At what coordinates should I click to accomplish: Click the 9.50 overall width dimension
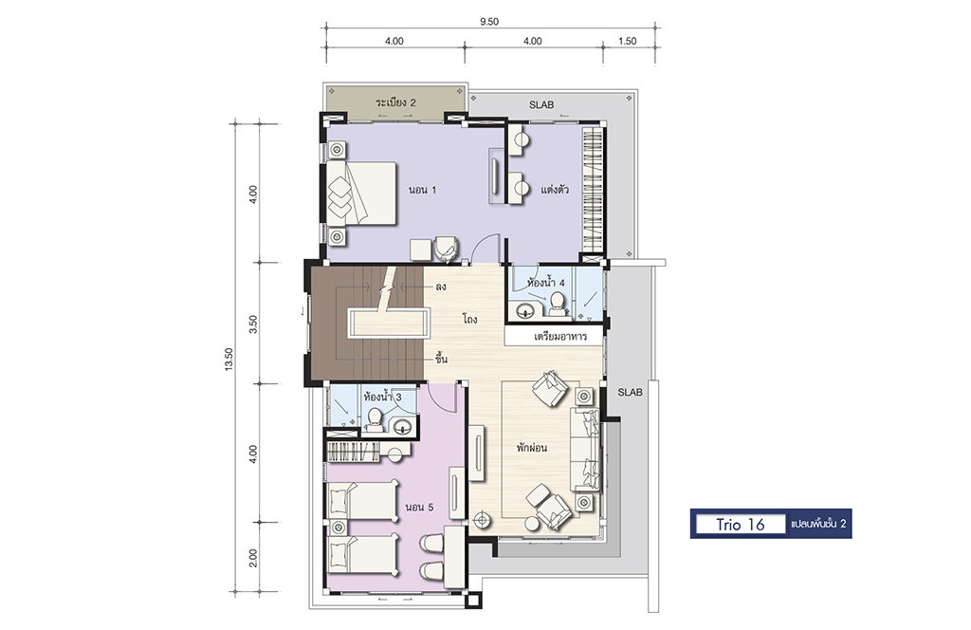[x=488, y=22]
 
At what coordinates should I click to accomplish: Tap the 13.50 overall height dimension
[x=229, y=359]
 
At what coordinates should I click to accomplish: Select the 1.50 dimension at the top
[x=627, y=41]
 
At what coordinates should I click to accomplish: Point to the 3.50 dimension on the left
[x=252, y=324]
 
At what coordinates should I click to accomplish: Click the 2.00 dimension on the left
[x=252, y=558]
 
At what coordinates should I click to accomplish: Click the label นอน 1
[x=422, y=190]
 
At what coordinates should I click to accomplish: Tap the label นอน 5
[x=419, y=508]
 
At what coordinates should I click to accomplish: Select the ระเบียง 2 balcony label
[x=395, y=102]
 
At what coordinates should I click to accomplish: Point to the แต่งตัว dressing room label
[x=554, y=189]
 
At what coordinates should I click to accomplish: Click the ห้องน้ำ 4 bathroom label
[x=545, y=283]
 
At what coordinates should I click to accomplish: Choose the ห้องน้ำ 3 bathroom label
[x=383, y=396]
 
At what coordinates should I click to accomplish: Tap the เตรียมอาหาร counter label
[x=559, y=337]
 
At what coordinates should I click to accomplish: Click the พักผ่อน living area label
[x=532, y=447]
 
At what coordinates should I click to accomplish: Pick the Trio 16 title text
[x=741, y=524]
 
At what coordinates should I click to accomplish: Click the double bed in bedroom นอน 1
[x=361, y=194]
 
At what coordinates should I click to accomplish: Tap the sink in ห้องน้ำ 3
[x=402, y=426]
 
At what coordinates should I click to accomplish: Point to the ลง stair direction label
[x=441, y=287]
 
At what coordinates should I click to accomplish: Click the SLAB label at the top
[x=541, y=104]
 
